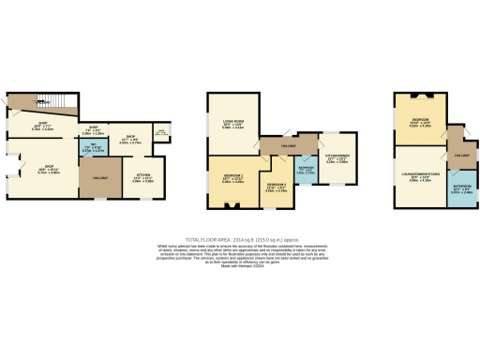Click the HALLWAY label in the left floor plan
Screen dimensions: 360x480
[99, 177]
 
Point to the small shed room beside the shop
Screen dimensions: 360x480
[160, 133]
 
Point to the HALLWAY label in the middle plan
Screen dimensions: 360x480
[288, 146]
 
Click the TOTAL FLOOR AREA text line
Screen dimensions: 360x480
[239, 240]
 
